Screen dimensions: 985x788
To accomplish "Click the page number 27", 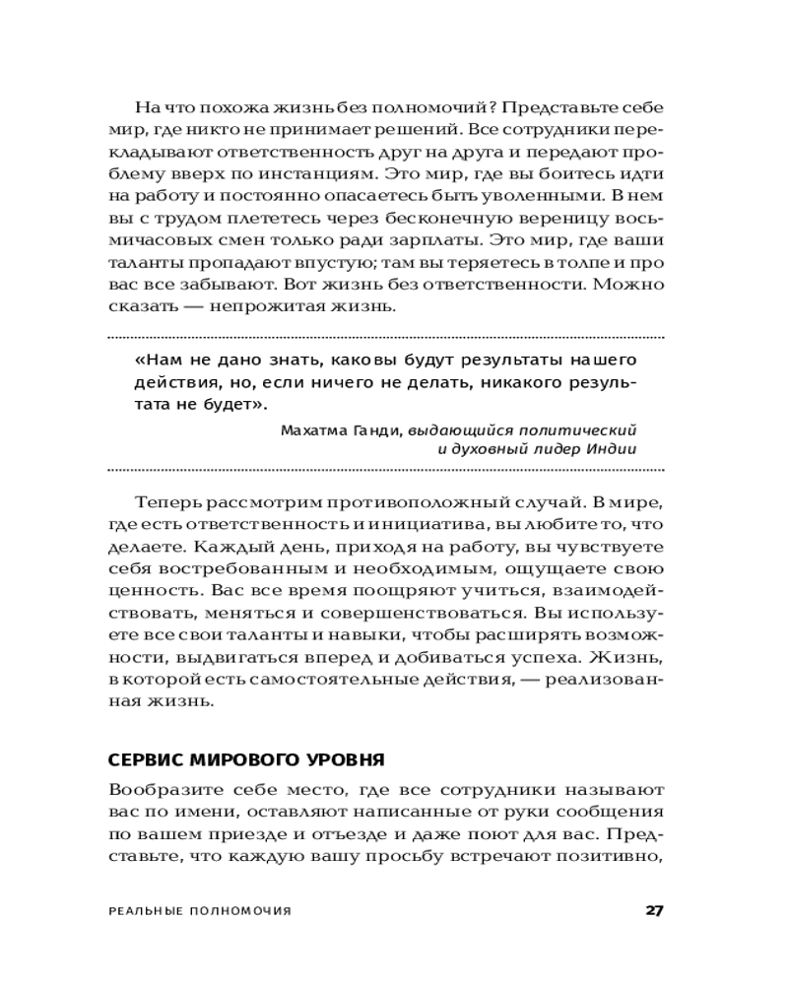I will pos(653,909).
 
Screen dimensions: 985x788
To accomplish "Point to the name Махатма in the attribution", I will pos(311,430).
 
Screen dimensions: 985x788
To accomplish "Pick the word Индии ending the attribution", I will pos(615,449).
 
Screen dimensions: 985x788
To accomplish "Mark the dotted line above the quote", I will pos(384,338).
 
